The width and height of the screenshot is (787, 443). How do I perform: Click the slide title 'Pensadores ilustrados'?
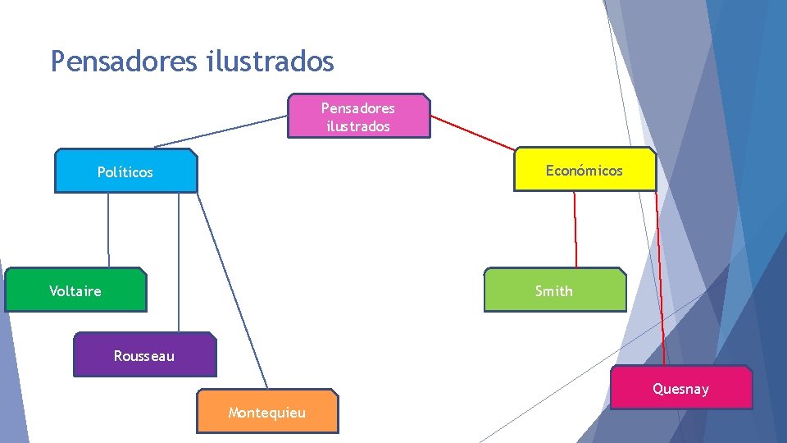coord(192,61)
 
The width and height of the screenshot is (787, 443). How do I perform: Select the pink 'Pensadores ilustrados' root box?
coord(358,116)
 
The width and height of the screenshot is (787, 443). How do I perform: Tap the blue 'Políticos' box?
coord(125,171)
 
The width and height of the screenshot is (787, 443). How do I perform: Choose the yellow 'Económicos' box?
coord(585,170)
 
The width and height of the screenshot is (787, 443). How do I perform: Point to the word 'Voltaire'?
coord(75,291)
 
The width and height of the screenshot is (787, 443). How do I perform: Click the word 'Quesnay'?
coord(680,389)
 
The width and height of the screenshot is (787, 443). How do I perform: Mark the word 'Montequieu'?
coord(267,413)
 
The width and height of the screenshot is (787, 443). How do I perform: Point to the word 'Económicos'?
coord(585,171)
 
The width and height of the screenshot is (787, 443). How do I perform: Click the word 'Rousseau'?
coord(144,356)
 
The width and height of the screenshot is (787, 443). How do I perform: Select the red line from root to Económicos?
coord(473,132)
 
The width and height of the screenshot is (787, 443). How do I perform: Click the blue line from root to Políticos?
coord(221,131)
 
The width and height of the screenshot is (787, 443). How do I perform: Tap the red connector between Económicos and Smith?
coord(575,230)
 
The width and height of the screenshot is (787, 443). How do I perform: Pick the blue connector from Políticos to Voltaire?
coord(108,230)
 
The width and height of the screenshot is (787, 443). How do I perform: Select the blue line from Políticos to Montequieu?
coord(232,291)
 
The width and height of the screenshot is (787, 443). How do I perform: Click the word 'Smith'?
coord(554,291)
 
